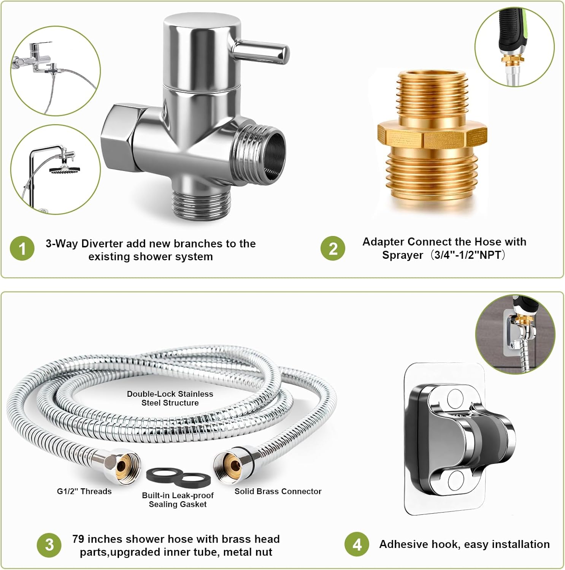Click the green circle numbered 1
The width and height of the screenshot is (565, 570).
pos(22,249)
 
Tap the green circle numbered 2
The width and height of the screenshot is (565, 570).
pos(333,249)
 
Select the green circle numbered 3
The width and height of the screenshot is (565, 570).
pos(49,545)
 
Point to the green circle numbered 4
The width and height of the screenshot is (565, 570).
pos(357,544)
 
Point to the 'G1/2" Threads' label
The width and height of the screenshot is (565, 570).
pos(84,491)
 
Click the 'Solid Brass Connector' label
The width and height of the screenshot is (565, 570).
pos(278,491)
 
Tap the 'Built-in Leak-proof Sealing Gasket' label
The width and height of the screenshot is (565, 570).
pos(178,500)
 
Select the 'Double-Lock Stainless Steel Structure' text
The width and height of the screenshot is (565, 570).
pos(170,398)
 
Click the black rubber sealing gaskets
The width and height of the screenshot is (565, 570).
pos(179,478)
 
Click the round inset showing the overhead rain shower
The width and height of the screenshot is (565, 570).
pos(56,169)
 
